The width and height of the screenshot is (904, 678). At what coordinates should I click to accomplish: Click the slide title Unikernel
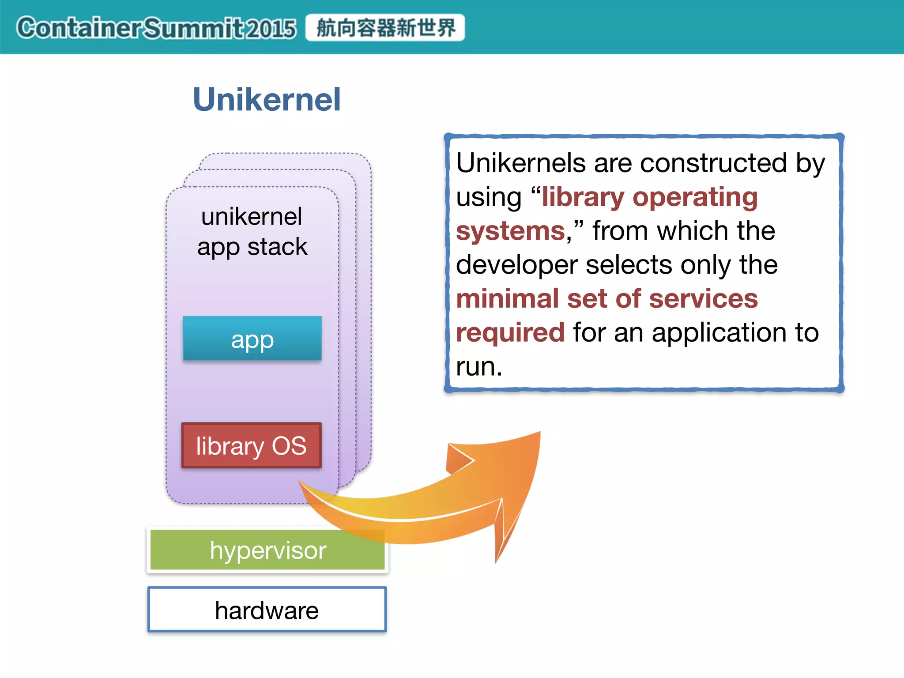tap(267, 99)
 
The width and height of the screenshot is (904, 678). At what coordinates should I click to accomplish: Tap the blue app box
tap(252, 339)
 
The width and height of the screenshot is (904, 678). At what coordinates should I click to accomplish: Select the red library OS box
tap(251, 445)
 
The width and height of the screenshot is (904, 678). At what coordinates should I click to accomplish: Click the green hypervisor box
tap(267, 550)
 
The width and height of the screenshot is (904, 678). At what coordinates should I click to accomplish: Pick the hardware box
tap(267, 610)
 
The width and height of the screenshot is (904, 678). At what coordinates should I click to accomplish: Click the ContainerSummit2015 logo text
tap(156, 28)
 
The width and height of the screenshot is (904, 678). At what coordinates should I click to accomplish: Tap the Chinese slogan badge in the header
tap(385, 28)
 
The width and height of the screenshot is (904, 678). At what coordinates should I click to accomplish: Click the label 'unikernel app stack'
tap(252, 231)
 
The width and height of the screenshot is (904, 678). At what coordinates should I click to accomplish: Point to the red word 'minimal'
tap(507, 299)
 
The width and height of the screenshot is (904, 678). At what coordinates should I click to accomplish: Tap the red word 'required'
tap(510, 332)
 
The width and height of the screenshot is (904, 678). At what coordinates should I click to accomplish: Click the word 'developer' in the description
tap(516, 265)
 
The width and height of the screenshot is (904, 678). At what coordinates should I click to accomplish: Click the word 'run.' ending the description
tap(479, 366)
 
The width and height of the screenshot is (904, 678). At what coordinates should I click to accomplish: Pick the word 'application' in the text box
tap(719, 332)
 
